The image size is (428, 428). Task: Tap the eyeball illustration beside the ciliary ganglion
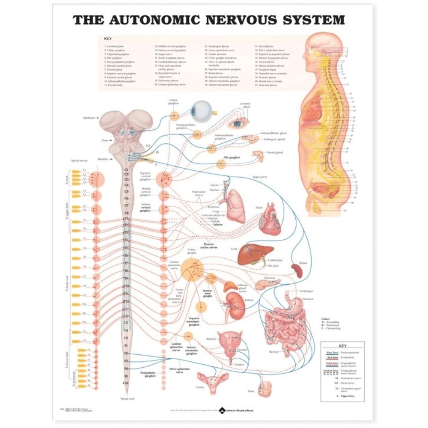(x=201, y=111)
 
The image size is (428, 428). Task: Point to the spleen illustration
(x=297, y=270)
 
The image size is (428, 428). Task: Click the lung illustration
(x=235, y=205)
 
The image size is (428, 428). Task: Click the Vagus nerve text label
(x=260, y=176)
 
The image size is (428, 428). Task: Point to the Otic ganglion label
(x=232, y=158)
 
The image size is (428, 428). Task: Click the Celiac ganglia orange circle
(x=192, y=270)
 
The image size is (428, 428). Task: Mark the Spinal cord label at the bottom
(x=126, y=399)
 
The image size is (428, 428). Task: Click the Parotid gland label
(x=274, y=152)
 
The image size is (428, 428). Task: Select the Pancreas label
(x=269, y=278)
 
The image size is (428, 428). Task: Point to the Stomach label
(x=308, y=298)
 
